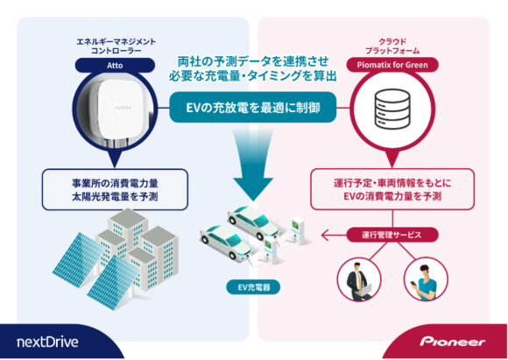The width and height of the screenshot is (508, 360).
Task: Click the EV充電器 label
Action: pyautogui.click(x=253, y=286)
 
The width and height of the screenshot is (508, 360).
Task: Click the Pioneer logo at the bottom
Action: pyautogui.click(x=451, y=340)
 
